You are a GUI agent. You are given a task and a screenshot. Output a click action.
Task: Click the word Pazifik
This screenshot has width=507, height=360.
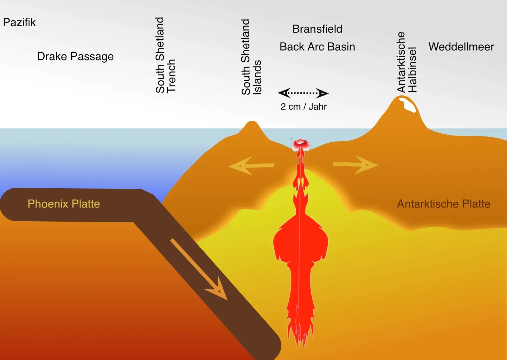tap(19, 22)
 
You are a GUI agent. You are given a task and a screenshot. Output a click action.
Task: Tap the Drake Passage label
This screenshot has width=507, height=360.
tap(75, 56)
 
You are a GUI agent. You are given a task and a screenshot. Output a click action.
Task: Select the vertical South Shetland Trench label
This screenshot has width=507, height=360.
tap(165, 55)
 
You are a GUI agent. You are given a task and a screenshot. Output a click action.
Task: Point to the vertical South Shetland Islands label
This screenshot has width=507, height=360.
tap(251, 57)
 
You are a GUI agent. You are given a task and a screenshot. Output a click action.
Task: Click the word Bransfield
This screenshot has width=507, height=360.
tap(317, 29)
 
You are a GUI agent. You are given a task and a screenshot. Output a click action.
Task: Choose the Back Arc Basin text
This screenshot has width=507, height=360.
tap(317, 47)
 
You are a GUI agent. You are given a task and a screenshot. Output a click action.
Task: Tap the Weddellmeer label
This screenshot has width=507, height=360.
tap(461, 47)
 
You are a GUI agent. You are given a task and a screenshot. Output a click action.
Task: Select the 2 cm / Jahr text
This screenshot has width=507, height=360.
tap(303, 107)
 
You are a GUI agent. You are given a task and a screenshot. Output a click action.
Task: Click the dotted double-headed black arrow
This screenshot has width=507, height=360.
tap(303, 93)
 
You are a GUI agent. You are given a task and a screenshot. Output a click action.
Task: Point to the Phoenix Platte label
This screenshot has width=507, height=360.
tap(64, 204)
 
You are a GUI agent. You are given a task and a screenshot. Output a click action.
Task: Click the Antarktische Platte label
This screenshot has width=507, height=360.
tap(444, 204)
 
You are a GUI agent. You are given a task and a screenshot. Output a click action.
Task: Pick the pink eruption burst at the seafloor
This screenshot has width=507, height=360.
tap(301, 145)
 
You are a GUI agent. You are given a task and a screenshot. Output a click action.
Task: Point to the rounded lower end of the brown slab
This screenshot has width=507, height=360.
tap(269, 347)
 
